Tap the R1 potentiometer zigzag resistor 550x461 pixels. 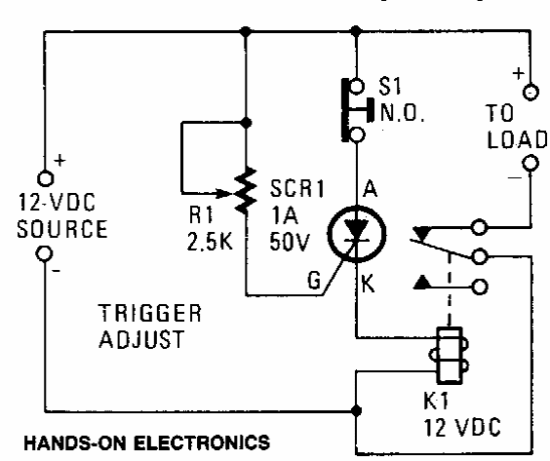coord(246,191)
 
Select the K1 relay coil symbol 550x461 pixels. coord(449,356)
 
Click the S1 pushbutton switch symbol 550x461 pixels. coord(355,110)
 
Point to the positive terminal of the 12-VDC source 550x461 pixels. coord(45,178)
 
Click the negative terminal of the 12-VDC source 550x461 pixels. coord(45,253)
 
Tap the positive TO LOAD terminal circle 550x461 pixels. coord(530,93)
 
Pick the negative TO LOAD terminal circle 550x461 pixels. coord(530,164)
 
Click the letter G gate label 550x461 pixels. coord(314,280)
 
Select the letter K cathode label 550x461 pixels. coord(368,284)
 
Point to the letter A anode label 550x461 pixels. coord(371,189)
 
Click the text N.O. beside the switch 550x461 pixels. coord(403,112)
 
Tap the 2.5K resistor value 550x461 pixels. coord(210,241)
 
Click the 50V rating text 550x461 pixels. coord(290,241)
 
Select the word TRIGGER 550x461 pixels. coord(150,313)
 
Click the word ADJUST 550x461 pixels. coord(141,338)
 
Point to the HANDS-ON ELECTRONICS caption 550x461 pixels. coord(147,442)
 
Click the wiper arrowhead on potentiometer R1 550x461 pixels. coord(223,193)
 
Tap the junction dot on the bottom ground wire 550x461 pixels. coord(356,410)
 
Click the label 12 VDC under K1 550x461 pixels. coord(462,427)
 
